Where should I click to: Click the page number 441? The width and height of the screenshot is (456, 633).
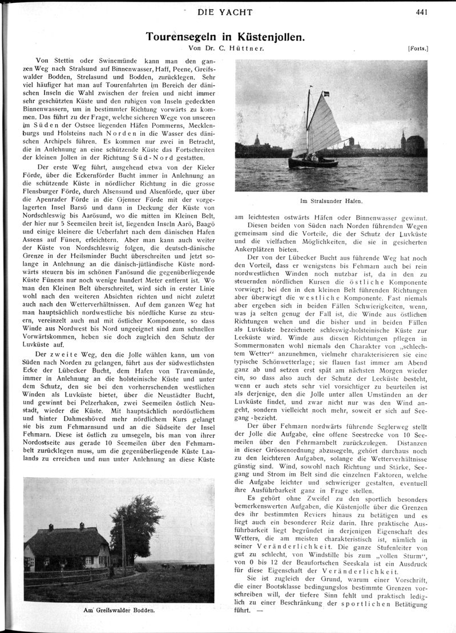[x=422, y=11]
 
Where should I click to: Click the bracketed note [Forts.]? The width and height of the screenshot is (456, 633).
[x=418, y=49]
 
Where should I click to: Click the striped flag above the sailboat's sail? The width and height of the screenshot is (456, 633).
[x=325, y=92]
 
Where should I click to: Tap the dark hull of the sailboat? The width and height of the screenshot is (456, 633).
[x=313, y=163]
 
